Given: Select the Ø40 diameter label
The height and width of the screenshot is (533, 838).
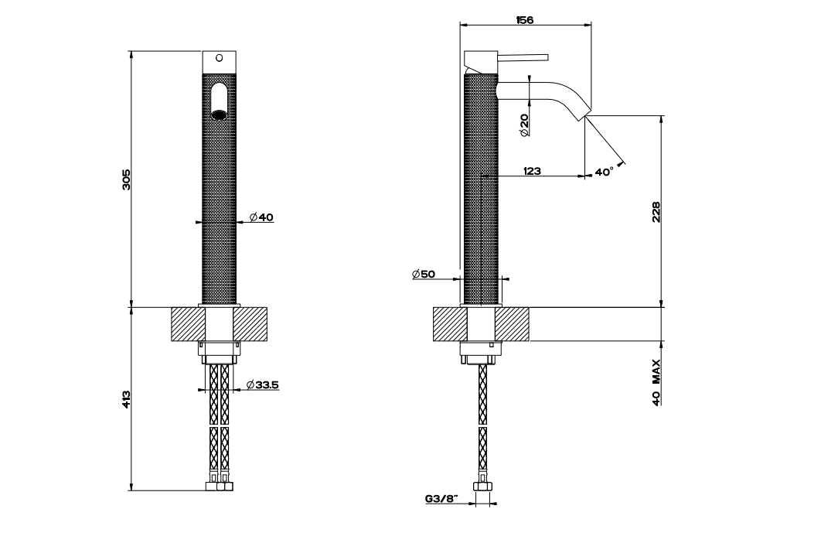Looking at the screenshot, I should coord(262,218).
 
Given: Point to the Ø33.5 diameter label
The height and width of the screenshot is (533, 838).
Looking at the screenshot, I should coord(262,384).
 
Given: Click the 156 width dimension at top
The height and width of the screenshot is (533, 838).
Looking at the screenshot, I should coord(525,19).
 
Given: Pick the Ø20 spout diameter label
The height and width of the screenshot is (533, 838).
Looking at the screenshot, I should coord(524,125).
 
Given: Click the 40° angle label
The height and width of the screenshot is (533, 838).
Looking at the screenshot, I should coord(604,172).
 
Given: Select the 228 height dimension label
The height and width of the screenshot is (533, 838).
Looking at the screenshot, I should coord(656,211).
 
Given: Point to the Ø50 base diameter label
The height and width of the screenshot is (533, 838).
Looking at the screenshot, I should coord(424,275).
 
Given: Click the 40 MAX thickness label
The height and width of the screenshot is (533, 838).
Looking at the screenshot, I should coord(656,383).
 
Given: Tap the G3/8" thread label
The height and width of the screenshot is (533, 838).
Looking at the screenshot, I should coord(441,499).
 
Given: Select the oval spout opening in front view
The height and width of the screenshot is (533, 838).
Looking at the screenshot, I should coord(218,101).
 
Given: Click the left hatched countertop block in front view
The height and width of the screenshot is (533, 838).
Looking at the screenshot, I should coord(186,324).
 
